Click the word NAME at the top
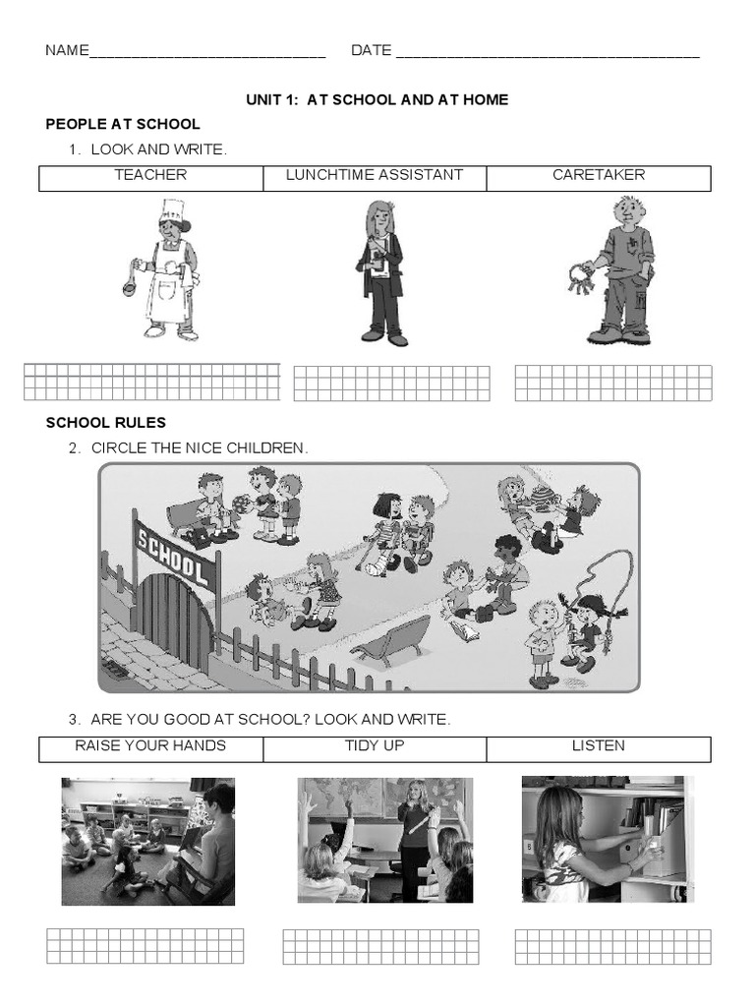coord(67,51)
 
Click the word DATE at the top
coord(371,51)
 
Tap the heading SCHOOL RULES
coord(106,423)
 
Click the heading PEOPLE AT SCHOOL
coord(123,124)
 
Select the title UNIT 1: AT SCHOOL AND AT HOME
coord(377,100)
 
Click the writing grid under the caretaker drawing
coord(612,383)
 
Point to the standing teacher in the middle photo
coord(415,836)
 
